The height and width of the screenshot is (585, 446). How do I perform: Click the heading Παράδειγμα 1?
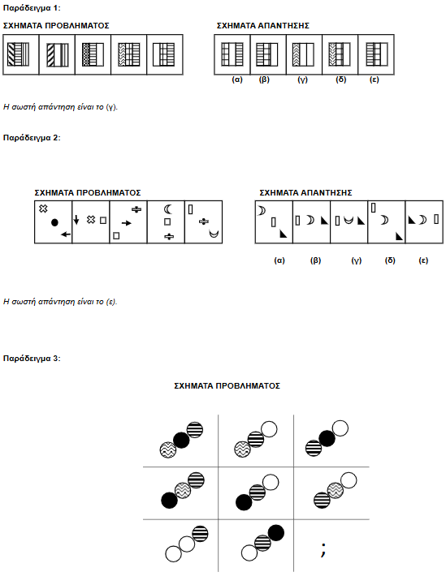click(x=32, y=8)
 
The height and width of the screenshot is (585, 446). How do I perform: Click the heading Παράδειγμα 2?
click(x=32, y=138)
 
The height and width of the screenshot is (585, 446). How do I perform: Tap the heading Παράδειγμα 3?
click(x=32, y=359)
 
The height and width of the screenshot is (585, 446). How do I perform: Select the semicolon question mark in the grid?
click(x=323, y=549)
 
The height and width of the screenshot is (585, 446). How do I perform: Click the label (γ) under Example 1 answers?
click(x=302, y=80)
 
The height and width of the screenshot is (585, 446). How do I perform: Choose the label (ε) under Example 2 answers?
click(x=423, y=260)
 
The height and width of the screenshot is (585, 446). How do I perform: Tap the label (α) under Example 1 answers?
click(x=237, y=80)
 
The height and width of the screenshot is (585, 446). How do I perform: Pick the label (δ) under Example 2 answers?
click(x=390, y=260)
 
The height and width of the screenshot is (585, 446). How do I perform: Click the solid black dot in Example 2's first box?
click(x=54, y=223)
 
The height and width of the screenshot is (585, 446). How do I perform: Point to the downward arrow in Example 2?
click(x=76, y=220)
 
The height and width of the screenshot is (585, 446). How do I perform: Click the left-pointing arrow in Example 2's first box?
click(x=66, y=234)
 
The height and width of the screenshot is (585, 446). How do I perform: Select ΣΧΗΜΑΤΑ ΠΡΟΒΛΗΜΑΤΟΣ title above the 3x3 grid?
click(x=227, y=385)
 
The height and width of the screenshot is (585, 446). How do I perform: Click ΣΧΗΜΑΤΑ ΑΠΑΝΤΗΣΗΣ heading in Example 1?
click(x=263, y=26)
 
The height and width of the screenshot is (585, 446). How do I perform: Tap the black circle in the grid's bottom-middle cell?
click(x=276, y=533)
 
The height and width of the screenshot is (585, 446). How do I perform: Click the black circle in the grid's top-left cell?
click(x=181, y=441)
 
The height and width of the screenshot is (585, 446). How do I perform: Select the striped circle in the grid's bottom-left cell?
click(x=200, y=534)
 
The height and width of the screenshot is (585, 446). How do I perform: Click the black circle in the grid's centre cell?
click(x=244, y=502)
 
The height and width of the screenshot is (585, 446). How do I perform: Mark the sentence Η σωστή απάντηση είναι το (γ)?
click(x=60, y=107)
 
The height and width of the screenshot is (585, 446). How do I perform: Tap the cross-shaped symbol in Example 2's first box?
click(x=43, y=209)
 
